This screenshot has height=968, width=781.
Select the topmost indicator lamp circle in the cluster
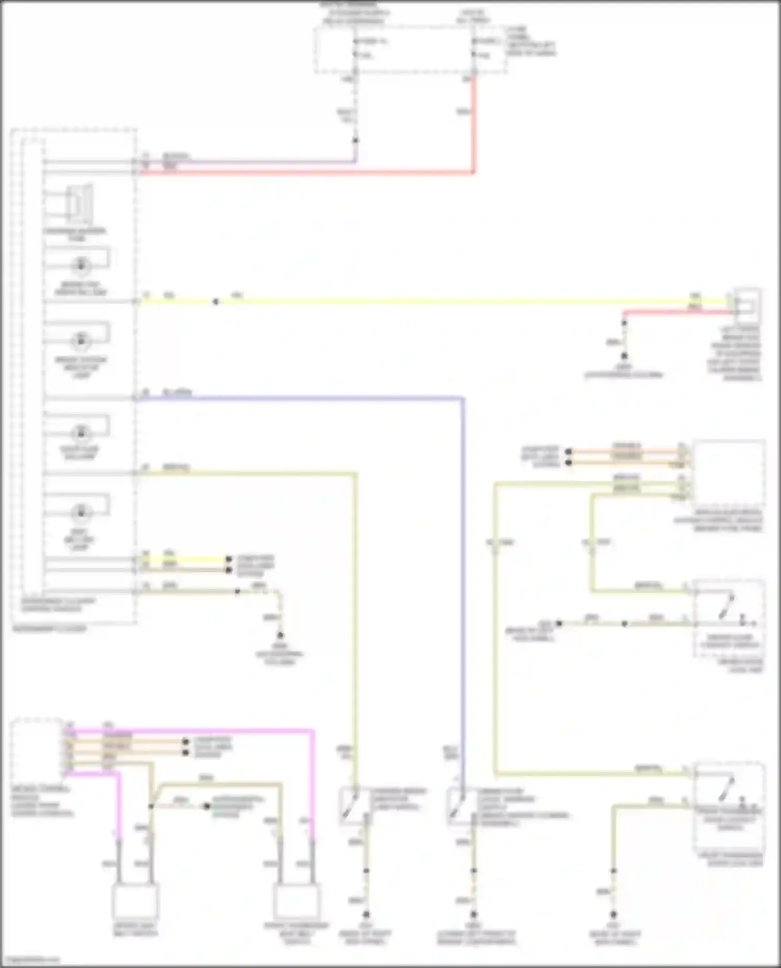tap(81, 265)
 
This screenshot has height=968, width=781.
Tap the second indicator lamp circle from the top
tap(81, 341)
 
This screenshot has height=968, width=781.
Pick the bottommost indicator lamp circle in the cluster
tap(81, 512)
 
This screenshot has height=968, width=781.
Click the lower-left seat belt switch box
tap(135, 903)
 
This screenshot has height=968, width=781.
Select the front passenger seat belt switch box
tap(297, 903)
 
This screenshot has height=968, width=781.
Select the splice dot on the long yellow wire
tap(216, 302)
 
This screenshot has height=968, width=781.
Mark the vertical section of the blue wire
tap(463, 572)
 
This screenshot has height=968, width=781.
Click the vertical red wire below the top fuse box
tap(473, 125)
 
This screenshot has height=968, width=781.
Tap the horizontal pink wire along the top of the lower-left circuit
tap(208, 730)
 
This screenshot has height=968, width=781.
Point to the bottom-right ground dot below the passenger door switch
tap(613, 914)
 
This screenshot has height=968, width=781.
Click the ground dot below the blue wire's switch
tap(473, 914)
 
